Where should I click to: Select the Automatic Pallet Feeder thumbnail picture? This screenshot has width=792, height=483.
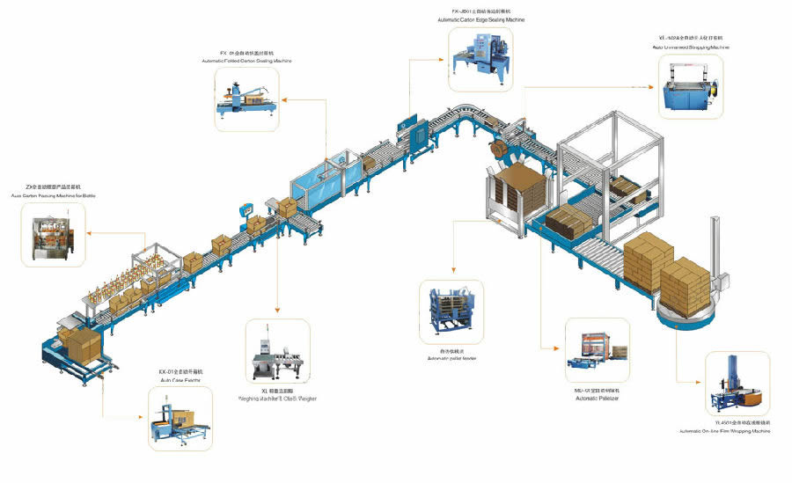tap(451, 312)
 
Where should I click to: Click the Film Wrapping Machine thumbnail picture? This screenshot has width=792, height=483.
tap(737, 385)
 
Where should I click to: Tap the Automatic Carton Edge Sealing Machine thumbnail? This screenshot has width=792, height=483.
tap(480, 57)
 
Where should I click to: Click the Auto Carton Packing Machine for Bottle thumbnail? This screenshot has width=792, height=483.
tap(48, 232)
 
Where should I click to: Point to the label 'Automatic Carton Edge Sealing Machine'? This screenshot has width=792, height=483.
tap(480, 19)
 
